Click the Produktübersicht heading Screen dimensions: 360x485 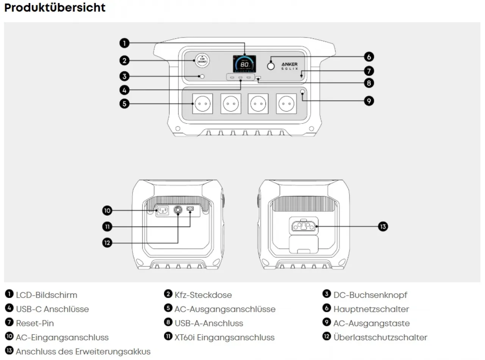click(55, 8)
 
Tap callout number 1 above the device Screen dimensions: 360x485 click(124, 43)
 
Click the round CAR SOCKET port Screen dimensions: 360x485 click(202, 61)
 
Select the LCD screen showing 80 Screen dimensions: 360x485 click(244, 64)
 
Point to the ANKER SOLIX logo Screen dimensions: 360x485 click(289, 66)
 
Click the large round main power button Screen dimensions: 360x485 click(271, 66)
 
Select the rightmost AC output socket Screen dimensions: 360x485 click(287, 103)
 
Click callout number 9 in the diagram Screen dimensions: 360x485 click(368, 101)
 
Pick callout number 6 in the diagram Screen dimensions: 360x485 click(368, 57)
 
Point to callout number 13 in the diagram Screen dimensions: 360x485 click(383, 227)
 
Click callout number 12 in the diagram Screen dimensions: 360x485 click(108, 243)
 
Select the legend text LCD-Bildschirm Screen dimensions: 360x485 click(46, 295)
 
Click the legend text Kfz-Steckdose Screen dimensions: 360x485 click(203, 295)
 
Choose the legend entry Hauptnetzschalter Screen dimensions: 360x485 click(371, 309)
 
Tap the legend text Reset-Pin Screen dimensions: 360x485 click(35, 323)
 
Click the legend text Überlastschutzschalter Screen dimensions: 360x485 click(380, 337)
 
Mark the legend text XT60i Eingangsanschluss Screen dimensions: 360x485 click(224, 337)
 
